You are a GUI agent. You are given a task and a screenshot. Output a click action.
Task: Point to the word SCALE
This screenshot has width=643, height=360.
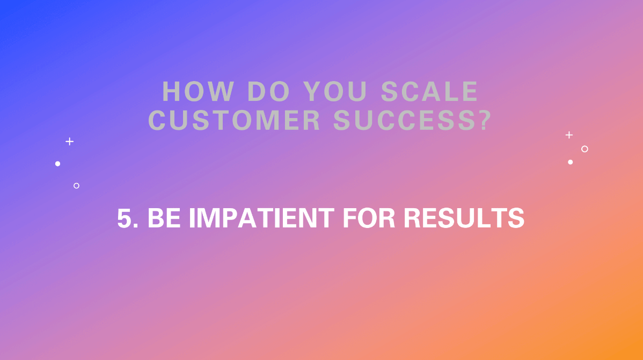429,92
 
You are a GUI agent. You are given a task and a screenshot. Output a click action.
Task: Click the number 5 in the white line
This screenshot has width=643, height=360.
125,219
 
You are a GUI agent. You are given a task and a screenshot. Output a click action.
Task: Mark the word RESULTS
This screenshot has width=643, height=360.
464,219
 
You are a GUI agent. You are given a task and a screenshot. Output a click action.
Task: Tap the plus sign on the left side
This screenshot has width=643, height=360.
69,142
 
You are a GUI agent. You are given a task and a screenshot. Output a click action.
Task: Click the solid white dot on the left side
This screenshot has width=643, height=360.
57,164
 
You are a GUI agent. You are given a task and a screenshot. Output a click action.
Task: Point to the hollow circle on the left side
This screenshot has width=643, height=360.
76,186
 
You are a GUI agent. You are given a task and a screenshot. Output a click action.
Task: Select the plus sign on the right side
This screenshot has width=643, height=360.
569,135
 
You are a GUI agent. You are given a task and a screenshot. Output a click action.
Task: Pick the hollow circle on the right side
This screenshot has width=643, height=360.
584,149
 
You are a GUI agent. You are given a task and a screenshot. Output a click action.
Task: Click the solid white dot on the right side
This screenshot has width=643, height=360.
570,162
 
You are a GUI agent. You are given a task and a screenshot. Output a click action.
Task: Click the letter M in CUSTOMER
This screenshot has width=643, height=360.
278,121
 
